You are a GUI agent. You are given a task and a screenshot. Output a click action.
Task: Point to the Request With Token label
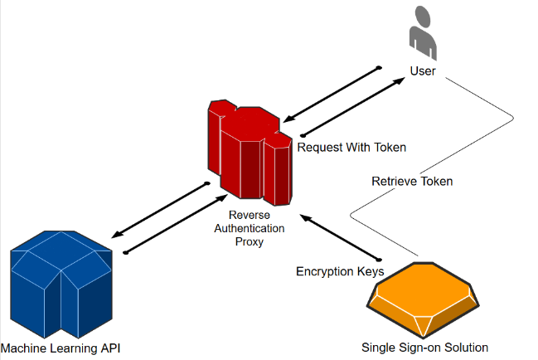click(351, 148)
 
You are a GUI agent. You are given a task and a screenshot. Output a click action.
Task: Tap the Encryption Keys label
click(340, 271)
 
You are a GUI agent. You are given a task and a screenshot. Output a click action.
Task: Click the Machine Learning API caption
click(61, 347)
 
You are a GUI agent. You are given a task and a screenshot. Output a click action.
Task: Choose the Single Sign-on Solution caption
click(424, 347)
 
